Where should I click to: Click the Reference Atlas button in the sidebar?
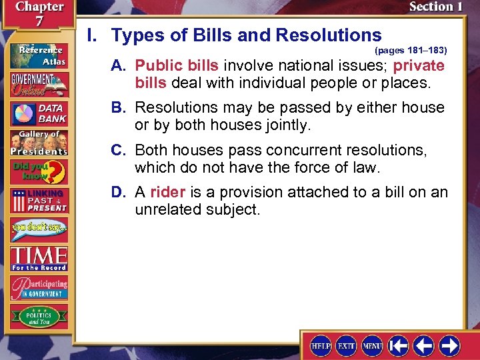[x=38, y=55]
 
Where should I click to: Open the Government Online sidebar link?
[x=38, y=85]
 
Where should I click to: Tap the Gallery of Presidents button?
[x=38, y=142]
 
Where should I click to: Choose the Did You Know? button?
[x=38, y=172]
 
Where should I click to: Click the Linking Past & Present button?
[x=38, y=201]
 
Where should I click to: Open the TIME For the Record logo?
[x=38, y=258]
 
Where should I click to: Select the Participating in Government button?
[x=38, y=288]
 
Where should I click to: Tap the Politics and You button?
[x=38, y=316]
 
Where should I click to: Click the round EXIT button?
[x=345, y=345]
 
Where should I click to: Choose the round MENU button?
[x=371, y=345]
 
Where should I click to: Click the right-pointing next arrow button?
[x=449, y=345]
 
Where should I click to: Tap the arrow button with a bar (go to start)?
[x=399, y=345]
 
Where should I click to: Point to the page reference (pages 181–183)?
[x=411, y=50]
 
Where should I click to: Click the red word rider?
[x=167, y=193]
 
